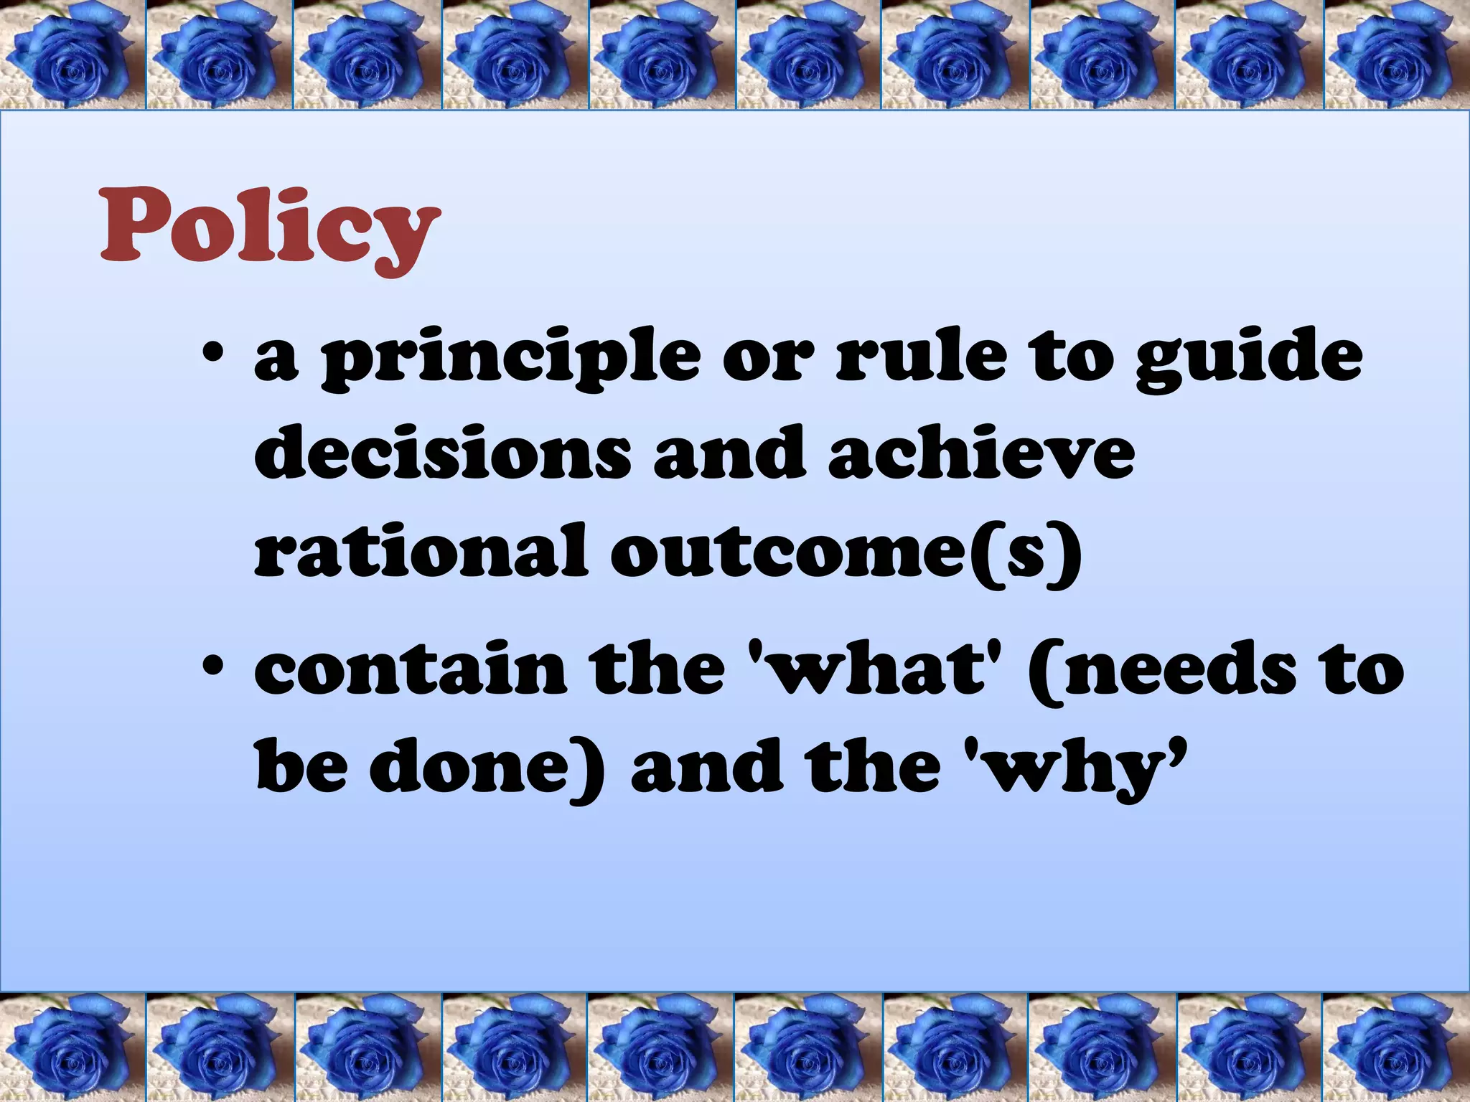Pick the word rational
click(421, 551)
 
